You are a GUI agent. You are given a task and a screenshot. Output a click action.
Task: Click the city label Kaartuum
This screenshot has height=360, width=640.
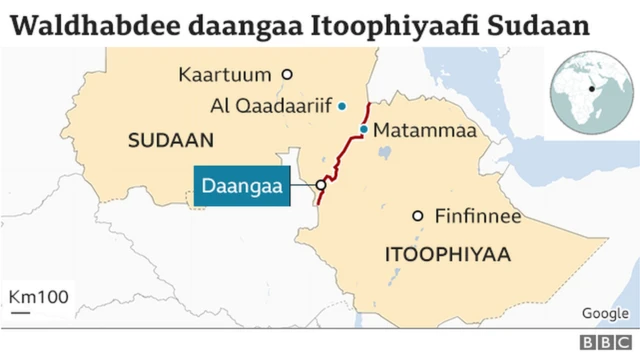(x=226, y=74)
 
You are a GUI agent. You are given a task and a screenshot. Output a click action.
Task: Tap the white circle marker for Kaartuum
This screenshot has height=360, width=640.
(x=287, y=74)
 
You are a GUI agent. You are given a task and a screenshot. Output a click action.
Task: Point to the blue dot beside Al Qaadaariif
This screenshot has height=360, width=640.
(x=342, y=105)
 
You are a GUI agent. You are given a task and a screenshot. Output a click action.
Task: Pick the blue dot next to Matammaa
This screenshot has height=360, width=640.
(x=364, y=130)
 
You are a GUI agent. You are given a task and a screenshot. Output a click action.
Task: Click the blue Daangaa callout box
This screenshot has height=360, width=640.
(x=243, y=186)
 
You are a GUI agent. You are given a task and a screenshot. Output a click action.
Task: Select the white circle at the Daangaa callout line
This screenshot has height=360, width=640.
(x=321, y=185)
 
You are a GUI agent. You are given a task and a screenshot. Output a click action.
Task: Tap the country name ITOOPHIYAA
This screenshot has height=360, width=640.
(x=447, y=256)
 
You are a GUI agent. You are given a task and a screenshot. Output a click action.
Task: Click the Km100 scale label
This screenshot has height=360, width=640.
(x=38, y=298)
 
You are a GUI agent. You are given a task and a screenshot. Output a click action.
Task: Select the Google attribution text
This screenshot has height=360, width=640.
(x=604, y=314)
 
